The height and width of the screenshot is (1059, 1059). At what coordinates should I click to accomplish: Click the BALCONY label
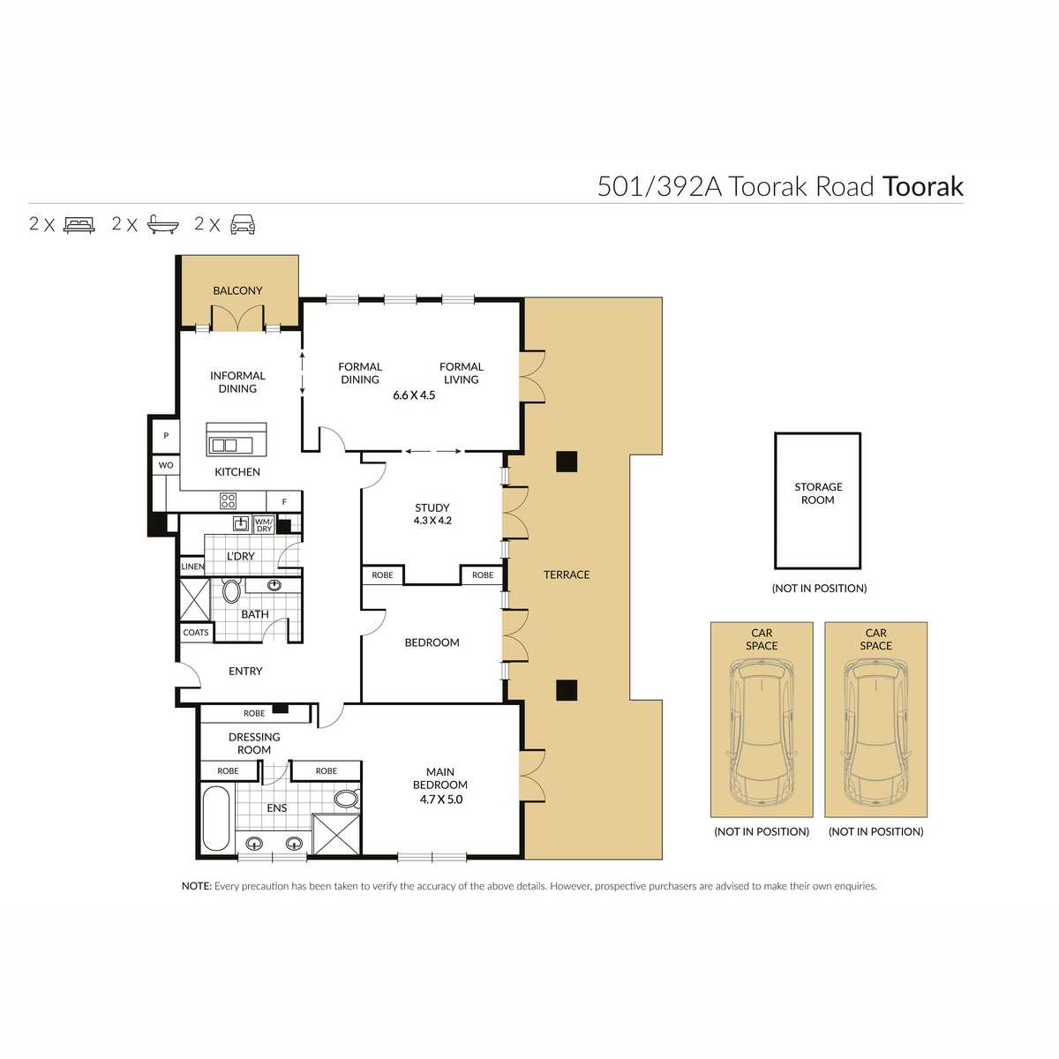pos(237,290)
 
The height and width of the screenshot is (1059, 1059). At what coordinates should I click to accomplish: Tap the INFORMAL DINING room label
pos(237,382)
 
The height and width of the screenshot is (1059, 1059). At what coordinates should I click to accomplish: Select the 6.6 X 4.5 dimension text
pos(414,395)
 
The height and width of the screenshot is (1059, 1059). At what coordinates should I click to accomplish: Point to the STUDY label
pos(432,507)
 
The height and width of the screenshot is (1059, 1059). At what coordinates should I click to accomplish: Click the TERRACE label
pos(567,575)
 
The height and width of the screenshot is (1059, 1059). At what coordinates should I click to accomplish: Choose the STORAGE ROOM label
pos(818,493)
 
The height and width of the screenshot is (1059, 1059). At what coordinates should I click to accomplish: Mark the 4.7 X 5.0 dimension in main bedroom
pos(441,800)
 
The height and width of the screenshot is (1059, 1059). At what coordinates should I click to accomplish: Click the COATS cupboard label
pos(196,633)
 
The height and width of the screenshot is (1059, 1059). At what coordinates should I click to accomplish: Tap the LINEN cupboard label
pos(192,567)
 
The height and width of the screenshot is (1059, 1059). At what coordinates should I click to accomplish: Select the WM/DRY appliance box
pos(264,525)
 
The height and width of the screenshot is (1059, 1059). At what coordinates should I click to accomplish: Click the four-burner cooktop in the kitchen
pos(228,501)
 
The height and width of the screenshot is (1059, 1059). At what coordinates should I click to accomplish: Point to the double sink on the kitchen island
pos(225,446)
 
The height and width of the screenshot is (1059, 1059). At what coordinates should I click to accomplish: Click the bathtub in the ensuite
pos(216,820)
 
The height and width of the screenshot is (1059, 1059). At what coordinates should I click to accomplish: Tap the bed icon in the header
pos(79,224)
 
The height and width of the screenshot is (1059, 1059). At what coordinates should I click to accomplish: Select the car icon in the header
pos(243,224)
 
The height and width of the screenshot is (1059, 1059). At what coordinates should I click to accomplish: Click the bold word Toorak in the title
pos(922,187)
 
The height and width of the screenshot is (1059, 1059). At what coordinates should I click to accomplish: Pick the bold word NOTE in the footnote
pos(196,886)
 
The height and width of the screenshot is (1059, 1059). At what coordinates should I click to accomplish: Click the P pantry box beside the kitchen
pos(166,436)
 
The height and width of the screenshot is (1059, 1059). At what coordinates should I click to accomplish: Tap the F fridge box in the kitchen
pos(284,502)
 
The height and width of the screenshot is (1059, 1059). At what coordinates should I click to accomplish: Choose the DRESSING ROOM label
pos(254,743)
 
